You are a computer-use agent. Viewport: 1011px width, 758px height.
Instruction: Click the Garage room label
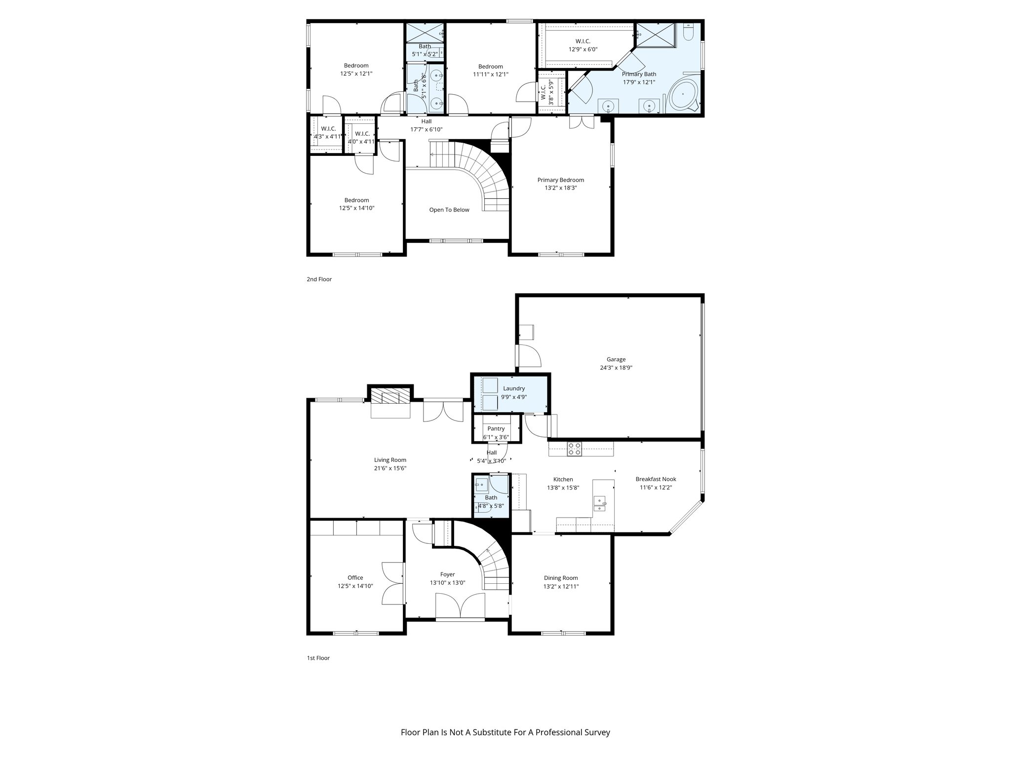[x=616, y=360]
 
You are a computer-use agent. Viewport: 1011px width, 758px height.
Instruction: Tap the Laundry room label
[x=513, y=388]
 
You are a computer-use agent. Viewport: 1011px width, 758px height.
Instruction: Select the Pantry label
[x=496, y=429]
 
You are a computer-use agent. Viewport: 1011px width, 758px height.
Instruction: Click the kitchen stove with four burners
[x=574, y=449]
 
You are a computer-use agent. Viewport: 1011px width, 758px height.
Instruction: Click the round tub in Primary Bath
[x=685, y=94]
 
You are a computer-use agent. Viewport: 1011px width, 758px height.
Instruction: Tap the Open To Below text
[x=449, y=210]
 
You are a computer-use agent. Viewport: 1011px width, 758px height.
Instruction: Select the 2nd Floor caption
[x=319, y=279]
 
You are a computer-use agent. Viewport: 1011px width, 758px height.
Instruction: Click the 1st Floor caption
[x=318, y=658]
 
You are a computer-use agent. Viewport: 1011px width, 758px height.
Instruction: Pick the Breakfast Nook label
[x=656, y=479]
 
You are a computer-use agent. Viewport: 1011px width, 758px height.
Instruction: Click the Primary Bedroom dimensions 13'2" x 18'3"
[x=560, y=188]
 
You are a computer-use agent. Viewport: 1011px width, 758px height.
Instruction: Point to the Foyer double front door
[x=460, y=606]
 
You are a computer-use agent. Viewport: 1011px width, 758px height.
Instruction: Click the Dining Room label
[x=561, y=578]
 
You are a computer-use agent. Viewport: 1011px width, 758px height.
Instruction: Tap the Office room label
[x=355, y=577]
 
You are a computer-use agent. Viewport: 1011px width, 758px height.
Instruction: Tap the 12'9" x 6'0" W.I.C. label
[x=583, y=49]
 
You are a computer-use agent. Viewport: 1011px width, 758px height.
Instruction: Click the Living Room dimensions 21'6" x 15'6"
[x=390, y=468]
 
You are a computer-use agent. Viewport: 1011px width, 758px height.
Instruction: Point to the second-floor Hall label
[x=426, y=121]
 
